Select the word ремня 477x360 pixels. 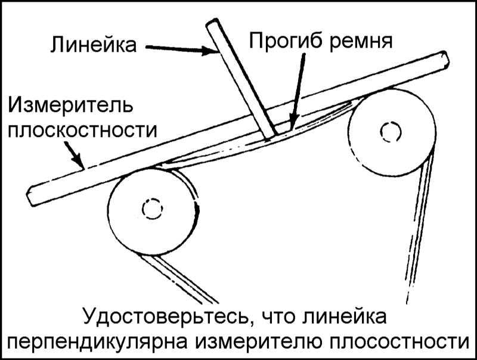point(361,42)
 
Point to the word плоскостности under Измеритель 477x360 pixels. point(82,131)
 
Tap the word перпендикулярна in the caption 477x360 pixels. point(100,343)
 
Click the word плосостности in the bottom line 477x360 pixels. point(398,342)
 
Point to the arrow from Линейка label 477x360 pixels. point(182,49)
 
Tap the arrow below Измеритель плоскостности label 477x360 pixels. point(73,155)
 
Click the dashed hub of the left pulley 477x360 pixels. point(153,209)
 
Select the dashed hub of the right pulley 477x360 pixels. point(391,131)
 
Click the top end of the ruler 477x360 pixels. point(213,23)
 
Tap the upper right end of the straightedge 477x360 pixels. point(444,59)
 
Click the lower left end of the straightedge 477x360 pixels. point(32,198)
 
